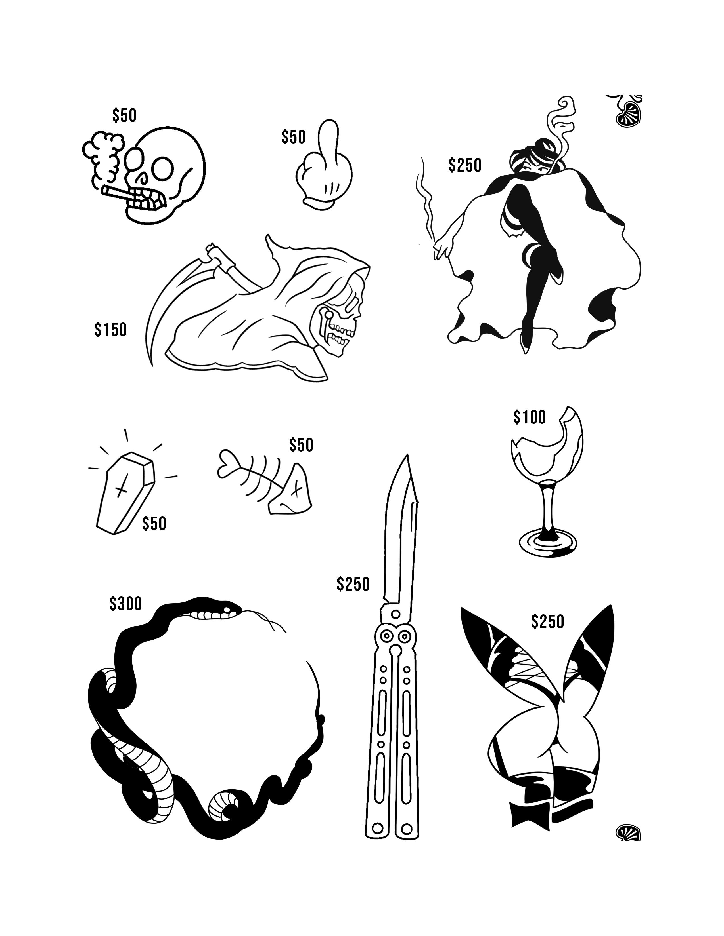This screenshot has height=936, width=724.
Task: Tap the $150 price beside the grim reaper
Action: click(x=111, y=330)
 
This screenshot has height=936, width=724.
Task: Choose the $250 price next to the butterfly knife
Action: click(x=353, y=584)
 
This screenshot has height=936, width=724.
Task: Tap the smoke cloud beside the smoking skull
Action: click(x=103, y=154)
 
